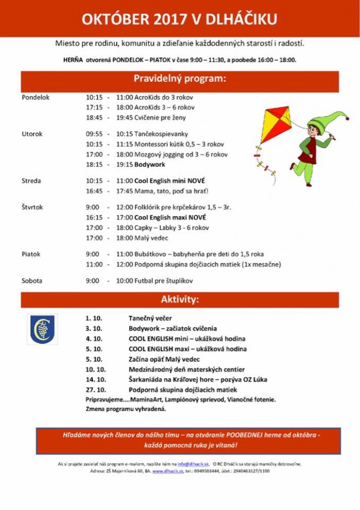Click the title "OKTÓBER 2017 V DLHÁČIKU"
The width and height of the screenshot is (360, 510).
pos(179,19)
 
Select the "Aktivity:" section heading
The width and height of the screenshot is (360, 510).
pos(179,300)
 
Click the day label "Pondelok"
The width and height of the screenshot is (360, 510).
pos(35,97)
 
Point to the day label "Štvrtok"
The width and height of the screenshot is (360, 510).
pos(33,207)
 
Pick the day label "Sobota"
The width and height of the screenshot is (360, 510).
pos(32,281)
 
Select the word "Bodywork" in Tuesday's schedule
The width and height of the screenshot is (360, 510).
pos(150,165)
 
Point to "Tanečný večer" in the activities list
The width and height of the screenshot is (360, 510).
pos(150,319)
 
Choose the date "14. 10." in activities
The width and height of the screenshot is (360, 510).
pos(96,380)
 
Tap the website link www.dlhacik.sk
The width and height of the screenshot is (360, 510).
pos(168,471)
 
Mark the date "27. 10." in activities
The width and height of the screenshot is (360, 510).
pos(96,390)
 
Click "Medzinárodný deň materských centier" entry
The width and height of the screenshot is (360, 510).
pos(186,370)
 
